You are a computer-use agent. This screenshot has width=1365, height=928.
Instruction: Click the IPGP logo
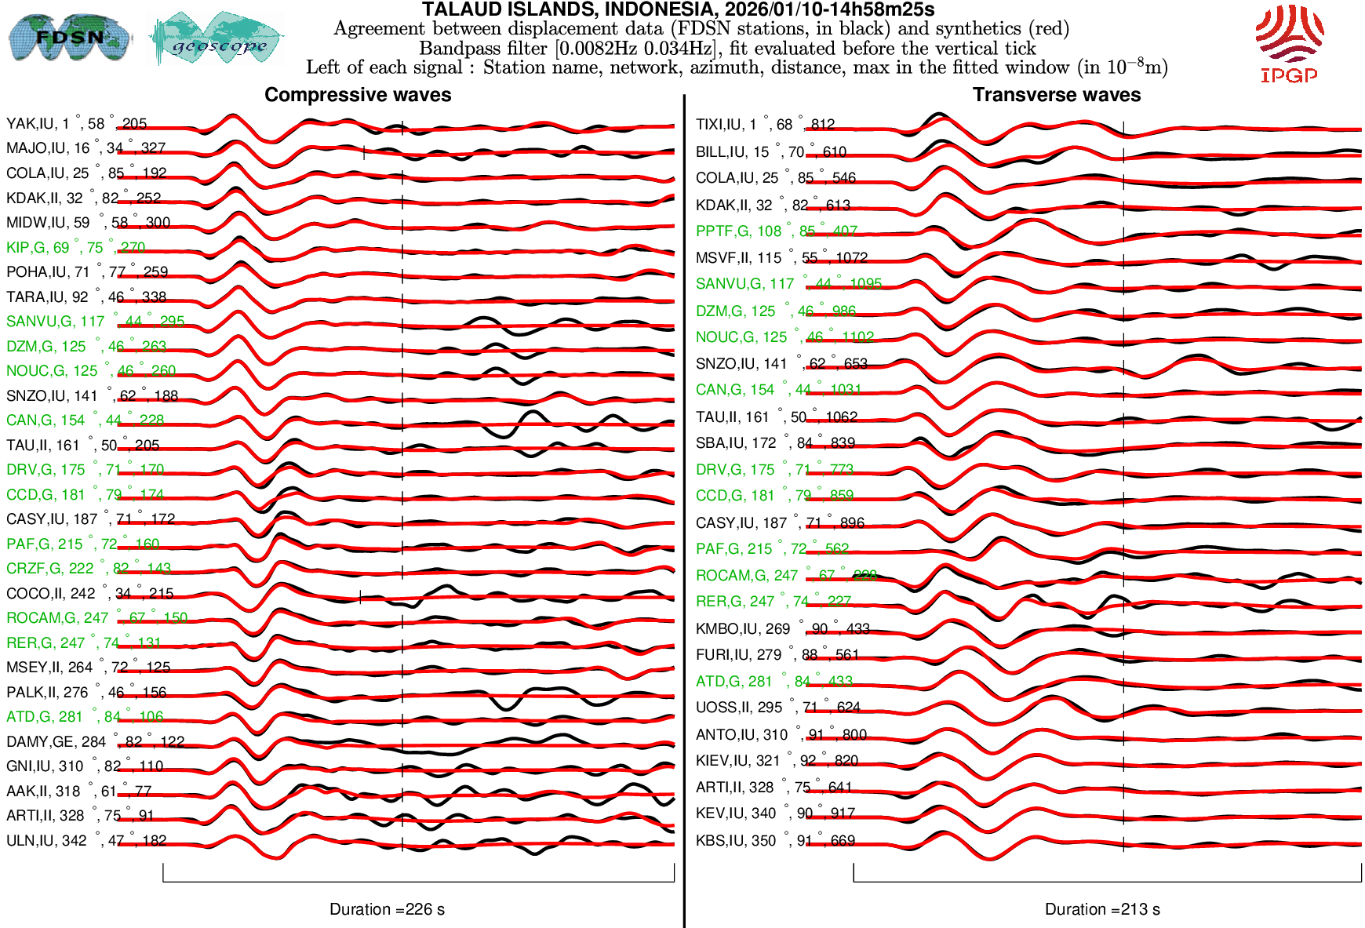click(1289, 44)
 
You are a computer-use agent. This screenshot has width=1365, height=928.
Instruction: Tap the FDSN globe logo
click(69, 38)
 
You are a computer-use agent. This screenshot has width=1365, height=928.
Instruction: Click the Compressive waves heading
click(358, 95)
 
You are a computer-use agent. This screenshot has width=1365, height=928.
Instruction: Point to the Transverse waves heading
click(1057, 95)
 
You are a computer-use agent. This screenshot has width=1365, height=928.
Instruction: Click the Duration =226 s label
click(387, 909)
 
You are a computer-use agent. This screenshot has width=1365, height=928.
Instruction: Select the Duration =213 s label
click(1102, 909)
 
